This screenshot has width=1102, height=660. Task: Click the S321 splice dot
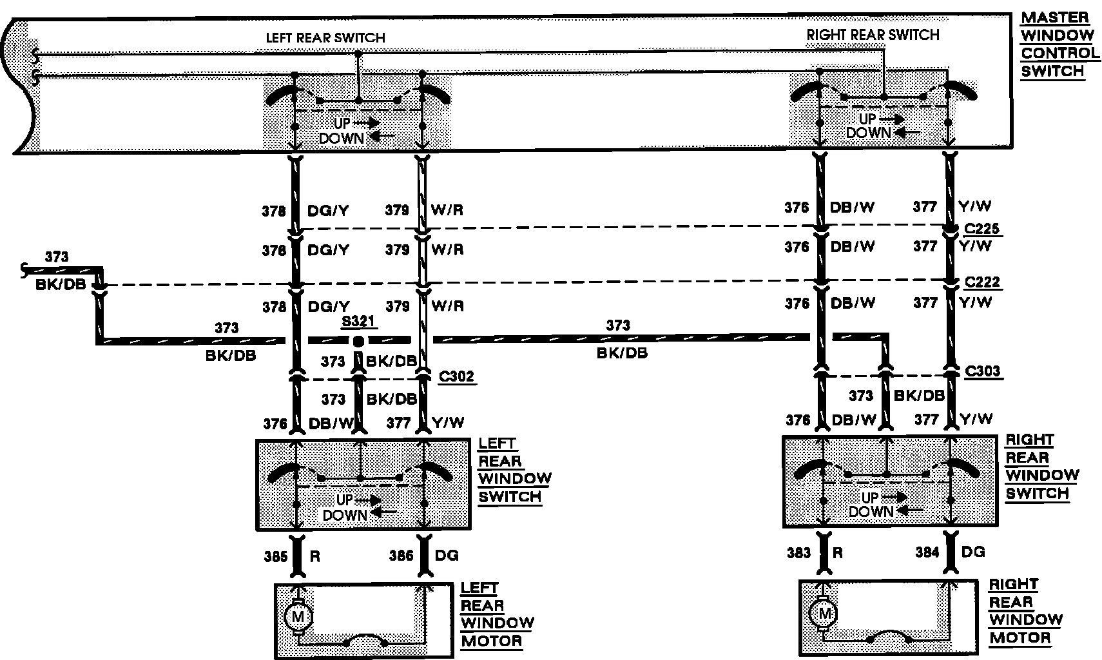point(359,340)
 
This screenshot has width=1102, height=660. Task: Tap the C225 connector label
point(982,229)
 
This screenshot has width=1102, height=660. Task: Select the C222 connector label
point(982,282)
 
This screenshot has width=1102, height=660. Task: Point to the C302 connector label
point(456,376)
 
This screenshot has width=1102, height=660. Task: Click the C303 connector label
point(982,371)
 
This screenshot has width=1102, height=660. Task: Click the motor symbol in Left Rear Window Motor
point(298,617)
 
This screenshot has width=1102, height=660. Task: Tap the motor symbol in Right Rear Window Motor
point(824,613)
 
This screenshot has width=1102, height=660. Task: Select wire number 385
point(275,556)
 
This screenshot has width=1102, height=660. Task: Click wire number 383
point(798,552)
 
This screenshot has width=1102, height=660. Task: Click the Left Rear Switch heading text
point(325,38)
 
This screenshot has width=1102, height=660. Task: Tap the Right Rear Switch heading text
point(873,35)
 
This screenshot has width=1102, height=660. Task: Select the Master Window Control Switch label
point(1057,44)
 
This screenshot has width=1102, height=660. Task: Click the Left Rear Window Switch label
point(514,471)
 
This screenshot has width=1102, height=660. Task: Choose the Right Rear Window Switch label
point(1040,467)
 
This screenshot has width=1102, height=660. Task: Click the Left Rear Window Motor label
point(496,615)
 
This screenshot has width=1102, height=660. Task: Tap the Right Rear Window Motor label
point(1025,612)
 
